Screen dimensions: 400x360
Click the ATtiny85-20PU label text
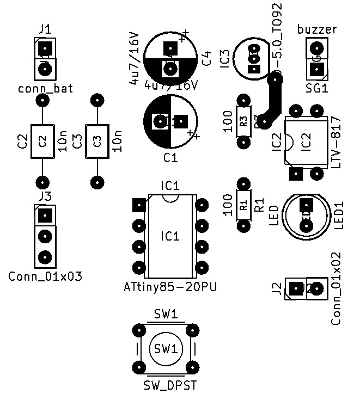coord(170,287)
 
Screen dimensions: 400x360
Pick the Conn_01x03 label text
coord(45,276)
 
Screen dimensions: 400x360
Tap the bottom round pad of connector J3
coord(45,256)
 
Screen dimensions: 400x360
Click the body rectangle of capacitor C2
coord(42,141)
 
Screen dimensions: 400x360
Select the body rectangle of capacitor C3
coord(97,141)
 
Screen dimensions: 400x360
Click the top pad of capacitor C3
coord(97,101)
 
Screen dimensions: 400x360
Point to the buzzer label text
coord(317,29)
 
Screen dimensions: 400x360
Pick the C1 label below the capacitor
coord(170,158)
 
